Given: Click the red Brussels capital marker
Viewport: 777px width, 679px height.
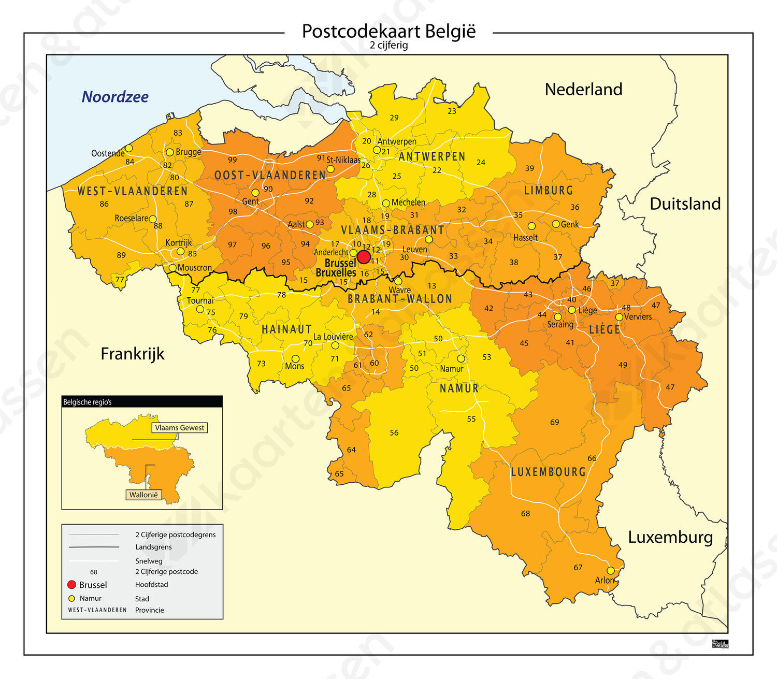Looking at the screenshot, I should [364, 257].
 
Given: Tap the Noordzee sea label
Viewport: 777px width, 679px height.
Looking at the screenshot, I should [115, 97].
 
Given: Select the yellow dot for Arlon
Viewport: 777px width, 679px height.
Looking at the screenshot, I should [611, 570].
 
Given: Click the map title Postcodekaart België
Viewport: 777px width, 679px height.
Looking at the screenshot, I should [388, 31].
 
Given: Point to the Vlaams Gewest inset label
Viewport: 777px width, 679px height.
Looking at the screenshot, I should [180, 428].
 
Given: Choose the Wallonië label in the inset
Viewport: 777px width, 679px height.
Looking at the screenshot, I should [143, 495].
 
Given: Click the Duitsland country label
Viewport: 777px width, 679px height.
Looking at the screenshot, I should [685, 204].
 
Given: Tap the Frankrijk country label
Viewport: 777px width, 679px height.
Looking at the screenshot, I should [133, 354].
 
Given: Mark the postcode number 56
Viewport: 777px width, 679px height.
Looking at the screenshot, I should [394, 432].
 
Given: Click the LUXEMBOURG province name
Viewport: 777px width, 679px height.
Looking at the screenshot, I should [548, 472].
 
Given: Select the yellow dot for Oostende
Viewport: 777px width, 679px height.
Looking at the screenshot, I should [129, 148].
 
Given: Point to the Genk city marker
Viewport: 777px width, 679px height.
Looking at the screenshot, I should [556, 224].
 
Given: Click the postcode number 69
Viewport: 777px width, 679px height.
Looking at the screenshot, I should [555, 422].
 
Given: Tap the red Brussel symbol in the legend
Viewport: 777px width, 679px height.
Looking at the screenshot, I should [72, 585].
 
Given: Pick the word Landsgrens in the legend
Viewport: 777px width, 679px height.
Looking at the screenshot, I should [153, 547].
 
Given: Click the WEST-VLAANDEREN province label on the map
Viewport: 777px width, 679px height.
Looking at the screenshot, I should [133, 191].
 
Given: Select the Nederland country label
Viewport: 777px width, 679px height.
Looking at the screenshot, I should [583, 89].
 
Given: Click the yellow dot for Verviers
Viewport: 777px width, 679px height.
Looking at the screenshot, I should [619, 317].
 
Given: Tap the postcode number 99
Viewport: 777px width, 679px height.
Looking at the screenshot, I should [233, 160].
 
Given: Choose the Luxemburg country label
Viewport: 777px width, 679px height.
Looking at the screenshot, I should [670, 537].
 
